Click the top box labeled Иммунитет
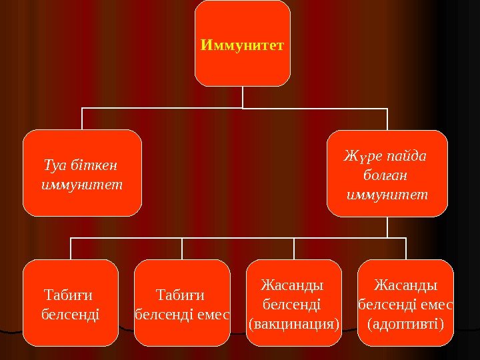point(242,43)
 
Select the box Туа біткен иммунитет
point(82,173)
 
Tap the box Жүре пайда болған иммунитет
point(387,173)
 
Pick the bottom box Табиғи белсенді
point(71,303)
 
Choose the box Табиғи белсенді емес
point(182,303)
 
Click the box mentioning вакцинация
point(294,303)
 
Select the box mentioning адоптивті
point(405,303)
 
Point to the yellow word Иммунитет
point(242,45)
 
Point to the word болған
point(387,177)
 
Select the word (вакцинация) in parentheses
point(294,325)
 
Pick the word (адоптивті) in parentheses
point(405,325)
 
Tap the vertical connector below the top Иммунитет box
point(243,97)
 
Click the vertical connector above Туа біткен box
point(82,119)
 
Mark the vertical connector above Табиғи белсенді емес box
point(182,248)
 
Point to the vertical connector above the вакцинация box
point(294,248)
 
